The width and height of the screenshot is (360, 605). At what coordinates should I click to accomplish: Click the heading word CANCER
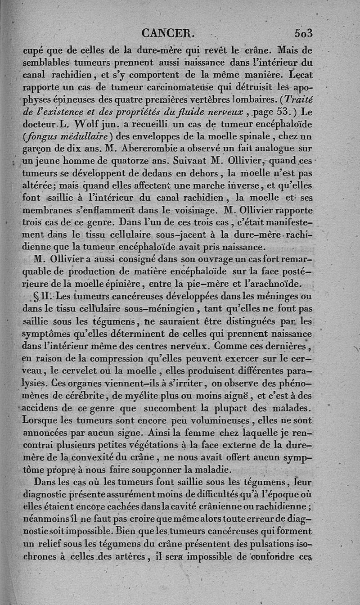click(x=167, y=33)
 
